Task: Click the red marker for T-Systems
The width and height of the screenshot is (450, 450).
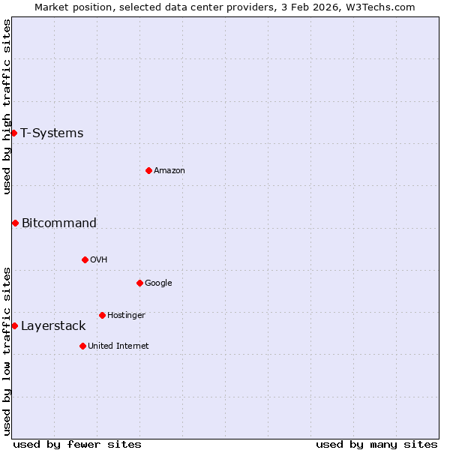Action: [13, 133]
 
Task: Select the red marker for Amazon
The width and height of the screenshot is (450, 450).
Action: [148, 170]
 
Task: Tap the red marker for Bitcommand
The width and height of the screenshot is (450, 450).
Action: [15, 223]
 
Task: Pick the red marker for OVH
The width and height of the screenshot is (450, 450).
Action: [85, 259]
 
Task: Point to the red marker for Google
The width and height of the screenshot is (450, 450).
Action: [139, 283]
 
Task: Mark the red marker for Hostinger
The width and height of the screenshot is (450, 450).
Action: [102, 315]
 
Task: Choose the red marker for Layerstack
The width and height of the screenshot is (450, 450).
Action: [14, 325]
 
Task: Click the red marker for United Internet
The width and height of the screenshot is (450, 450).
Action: [82, 346]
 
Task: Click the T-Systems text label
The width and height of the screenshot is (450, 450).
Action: [52, 133]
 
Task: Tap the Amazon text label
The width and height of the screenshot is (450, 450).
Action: [169, 171]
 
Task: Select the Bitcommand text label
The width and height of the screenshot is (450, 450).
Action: [59, 223]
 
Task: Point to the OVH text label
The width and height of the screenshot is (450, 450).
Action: [99, 260]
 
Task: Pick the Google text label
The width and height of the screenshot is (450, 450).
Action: [158, 283]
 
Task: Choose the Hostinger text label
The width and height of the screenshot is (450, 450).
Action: [126, 316]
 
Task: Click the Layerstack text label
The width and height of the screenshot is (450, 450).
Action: [53, 326]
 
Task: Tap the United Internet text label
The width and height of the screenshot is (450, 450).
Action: [118, 346]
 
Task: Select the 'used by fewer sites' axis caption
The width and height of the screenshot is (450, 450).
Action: [77, 444]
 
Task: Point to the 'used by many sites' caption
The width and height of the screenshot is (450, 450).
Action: [376, 444]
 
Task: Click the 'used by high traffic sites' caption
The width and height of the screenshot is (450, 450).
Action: [7, 106]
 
